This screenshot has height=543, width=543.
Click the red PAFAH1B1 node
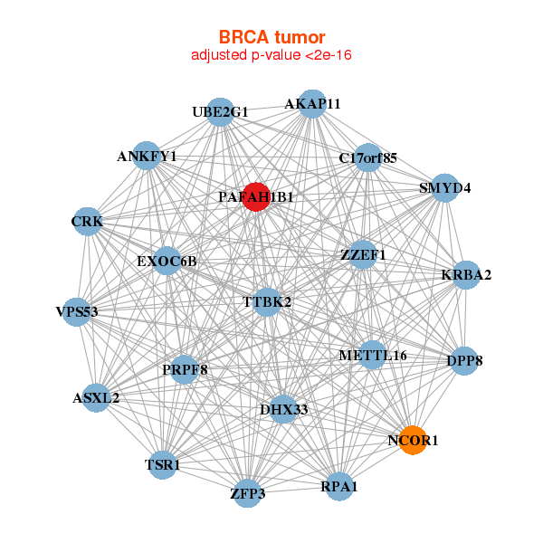(257, 196)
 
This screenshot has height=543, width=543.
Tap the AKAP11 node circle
(311, 103)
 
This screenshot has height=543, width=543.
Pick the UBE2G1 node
(221, 111)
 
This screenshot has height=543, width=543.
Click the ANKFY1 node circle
(147, 156)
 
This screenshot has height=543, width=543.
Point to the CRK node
(87, 221)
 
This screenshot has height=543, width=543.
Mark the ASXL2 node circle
(96, 397)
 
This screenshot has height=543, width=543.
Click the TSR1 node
(163, 465)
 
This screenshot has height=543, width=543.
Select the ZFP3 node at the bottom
(248, 493)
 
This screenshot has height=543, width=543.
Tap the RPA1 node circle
(339, 487)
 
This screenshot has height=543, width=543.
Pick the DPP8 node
(464, 360)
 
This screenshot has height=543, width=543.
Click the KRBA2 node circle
(465, 274)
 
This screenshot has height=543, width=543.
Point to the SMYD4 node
(444, 188)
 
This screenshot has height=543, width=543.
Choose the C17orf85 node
(367, 157)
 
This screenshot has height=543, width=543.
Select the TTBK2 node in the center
(266, 301)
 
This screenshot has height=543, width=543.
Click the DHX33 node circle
(283, 409)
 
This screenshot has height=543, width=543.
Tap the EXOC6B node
(167, 262)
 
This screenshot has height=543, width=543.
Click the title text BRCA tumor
(271, 37)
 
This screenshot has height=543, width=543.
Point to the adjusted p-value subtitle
(271, 55)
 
